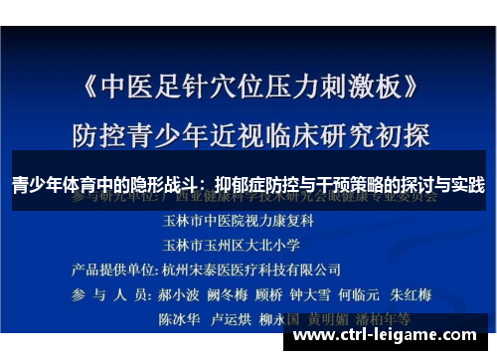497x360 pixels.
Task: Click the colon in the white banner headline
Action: pyautogui.click(x=204, y=185)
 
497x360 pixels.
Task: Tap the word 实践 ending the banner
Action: pyautogui.click(x=465, y=185)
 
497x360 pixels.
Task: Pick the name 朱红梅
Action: pyautogui.click(x=437, y=295)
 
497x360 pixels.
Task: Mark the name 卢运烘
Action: pyautogui.click(x=232, y=321)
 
